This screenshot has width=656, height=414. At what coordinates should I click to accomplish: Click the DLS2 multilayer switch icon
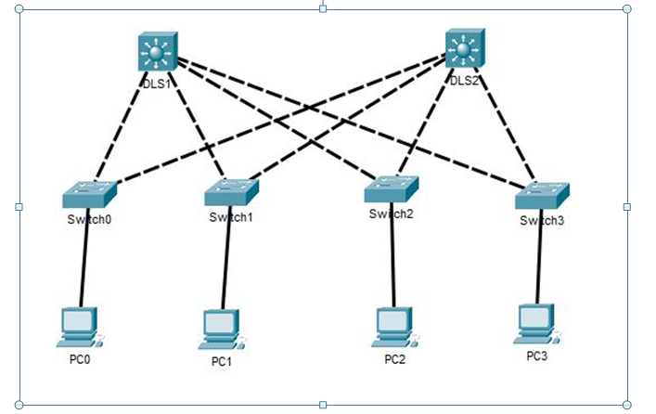(x=465, y=48)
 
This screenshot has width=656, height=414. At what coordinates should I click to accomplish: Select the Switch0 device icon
(x=89, y=195)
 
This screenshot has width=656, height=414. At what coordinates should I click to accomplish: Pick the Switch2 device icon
(x=391, y=189)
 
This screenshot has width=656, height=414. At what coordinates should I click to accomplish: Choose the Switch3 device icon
(x=542, y=195)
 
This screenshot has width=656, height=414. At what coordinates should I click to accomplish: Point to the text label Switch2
(x=390, y=214)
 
